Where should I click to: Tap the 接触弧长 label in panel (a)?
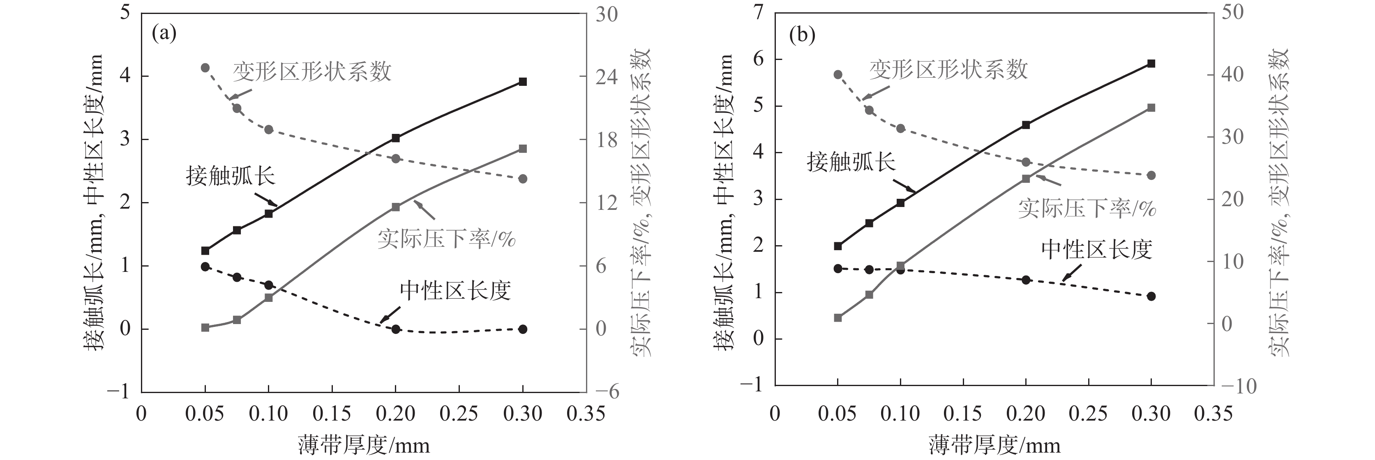[x=230, y=175]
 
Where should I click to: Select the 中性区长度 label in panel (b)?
[x=1096, y=249]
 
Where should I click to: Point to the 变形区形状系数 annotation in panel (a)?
[x=312, y=71]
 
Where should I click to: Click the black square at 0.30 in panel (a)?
[x=523, y=82]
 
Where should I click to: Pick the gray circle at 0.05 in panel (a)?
[x=205, y=68]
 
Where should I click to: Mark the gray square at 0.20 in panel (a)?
[x=395, y=207]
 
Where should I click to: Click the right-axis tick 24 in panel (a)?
[x=607, y=77]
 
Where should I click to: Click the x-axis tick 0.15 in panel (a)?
[x=332, y=414]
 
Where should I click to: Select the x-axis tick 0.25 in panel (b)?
[x=1088, y=414]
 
